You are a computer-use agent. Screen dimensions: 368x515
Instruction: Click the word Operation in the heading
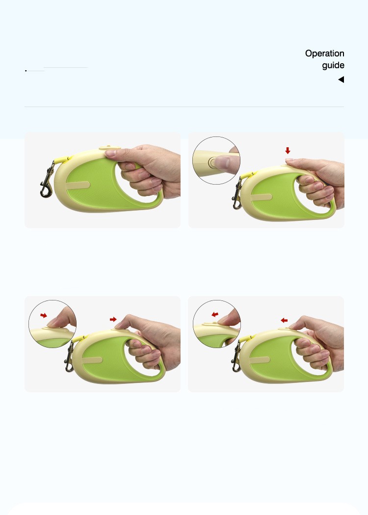324,54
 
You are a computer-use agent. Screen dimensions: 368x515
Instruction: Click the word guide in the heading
333,65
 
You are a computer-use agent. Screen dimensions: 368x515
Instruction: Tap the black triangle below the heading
341,80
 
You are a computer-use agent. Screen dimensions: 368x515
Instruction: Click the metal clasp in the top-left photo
47,180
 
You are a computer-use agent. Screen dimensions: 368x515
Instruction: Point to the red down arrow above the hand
288,150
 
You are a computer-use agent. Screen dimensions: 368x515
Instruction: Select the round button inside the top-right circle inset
213,162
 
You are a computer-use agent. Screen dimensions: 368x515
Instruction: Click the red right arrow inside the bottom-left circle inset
44,316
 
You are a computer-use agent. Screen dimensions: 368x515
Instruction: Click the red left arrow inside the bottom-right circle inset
215,314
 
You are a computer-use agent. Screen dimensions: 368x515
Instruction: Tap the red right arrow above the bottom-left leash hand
113,319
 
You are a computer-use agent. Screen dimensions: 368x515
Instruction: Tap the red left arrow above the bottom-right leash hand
284,320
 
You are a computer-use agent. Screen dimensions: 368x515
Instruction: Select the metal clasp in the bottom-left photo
69,357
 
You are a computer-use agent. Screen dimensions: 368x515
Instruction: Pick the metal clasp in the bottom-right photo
236,357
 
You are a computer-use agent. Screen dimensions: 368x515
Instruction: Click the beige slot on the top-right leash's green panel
262,198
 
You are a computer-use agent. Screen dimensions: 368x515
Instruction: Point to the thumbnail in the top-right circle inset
224,162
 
